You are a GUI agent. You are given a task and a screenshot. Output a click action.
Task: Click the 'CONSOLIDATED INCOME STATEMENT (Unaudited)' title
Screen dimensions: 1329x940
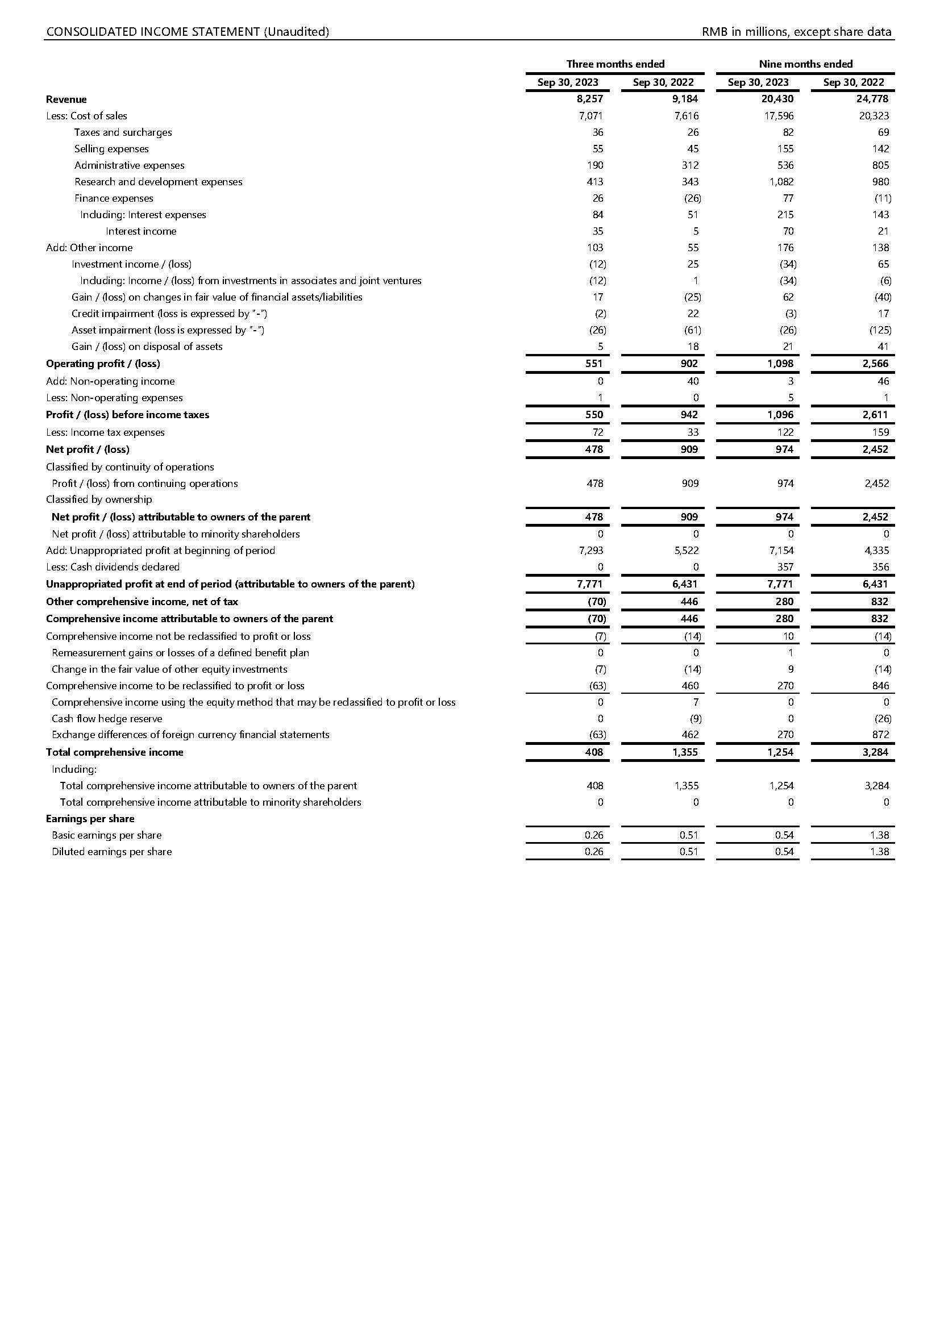(x=188, y=32)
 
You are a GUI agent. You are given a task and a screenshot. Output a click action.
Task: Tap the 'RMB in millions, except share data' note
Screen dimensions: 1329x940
(x=796, y=32)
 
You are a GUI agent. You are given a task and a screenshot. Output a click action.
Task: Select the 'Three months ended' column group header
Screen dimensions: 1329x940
(x=615, y=64)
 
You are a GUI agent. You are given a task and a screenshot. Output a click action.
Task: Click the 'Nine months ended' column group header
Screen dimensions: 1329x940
(x=806, y=64)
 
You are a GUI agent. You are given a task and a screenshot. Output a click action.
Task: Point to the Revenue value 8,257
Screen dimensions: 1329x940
(x=590, y=99)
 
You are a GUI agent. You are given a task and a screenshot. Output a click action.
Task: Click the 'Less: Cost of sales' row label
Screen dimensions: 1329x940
(x=87, y=116)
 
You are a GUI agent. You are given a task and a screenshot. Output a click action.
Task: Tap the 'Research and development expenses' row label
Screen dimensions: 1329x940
(x=158, y=182)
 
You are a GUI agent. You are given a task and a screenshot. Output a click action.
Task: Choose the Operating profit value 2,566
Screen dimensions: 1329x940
(x=875, y=364)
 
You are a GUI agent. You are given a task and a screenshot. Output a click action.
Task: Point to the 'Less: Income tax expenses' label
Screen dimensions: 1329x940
(x=105, y=432)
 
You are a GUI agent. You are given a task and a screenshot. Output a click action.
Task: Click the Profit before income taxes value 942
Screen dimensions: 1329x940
(x=689, y=415)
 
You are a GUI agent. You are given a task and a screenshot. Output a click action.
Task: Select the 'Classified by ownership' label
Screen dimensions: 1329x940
(x=99, y=499)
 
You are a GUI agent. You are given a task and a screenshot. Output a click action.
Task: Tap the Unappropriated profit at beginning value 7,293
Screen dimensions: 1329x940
(x=590, y=551)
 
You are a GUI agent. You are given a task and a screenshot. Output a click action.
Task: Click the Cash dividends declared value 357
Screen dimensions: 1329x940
(x=785, y=567)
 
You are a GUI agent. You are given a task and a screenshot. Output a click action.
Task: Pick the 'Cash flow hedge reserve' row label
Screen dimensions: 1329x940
(x=107, y=719)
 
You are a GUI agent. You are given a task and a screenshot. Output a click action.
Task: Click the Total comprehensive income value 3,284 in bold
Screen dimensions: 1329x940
(x=875, y=752)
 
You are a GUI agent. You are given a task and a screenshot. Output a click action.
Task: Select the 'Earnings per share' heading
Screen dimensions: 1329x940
(x=90, y=819)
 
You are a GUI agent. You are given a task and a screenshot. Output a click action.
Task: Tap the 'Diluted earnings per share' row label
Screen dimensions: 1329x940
(x=112, y=852)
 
